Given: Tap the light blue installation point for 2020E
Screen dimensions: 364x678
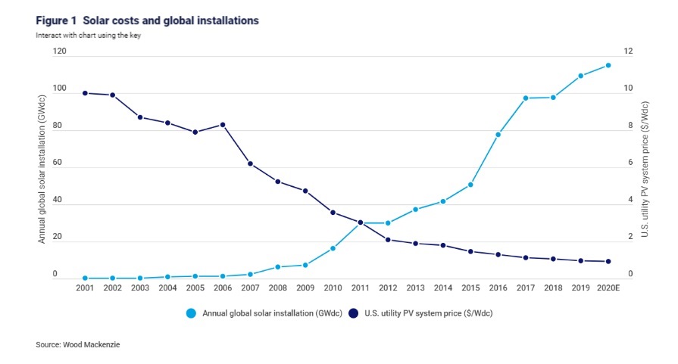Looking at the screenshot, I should tap(608, 66).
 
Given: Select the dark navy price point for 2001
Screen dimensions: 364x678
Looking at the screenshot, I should tap(85, 93).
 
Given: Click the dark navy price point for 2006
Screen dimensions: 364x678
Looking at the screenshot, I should tap(223, 125).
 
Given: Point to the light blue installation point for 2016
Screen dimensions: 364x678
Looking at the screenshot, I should tap(498, 135).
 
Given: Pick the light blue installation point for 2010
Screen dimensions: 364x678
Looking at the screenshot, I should tap(333, 248).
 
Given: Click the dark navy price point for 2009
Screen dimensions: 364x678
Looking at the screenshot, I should tap(305, 191).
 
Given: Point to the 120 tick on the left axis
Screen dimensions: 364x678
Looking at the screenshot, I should tap(60, 51).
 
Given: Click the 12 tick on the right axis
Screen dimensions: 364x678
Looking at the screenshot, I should tap(628, 51).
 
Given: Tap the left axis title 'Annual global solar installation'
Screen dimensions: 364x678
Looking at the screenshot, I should tap(43, 167).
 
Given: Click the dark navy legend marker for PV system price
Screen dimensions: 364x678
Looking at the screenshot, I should tap(352, 312).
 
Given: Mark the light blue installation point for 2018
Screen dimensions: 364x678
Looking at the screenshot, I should tap(553, 97).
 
